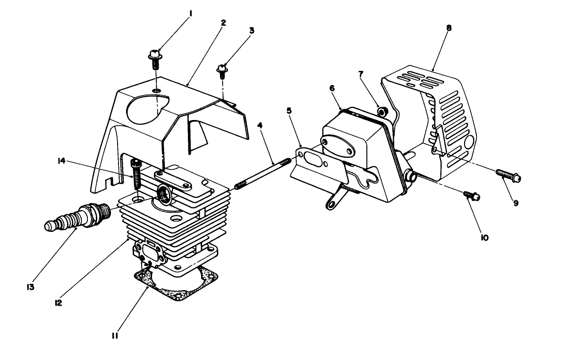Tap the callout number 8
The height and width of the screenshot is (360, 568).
tap(449, 28)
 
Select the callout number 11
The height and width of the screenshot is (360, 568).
tap(115, 336)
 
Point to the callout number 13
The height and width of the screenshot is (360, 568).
tap(31, 286)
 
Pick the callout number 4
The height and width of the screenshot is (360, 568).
tap(260, 126)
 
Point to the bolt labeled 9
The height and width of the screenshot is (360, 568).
tap(508, 176)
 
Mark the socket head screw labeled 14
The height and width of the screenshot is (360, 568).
tap(135, 172)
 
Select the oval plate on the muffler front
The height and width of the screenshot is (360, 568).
tap(337, 146)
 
